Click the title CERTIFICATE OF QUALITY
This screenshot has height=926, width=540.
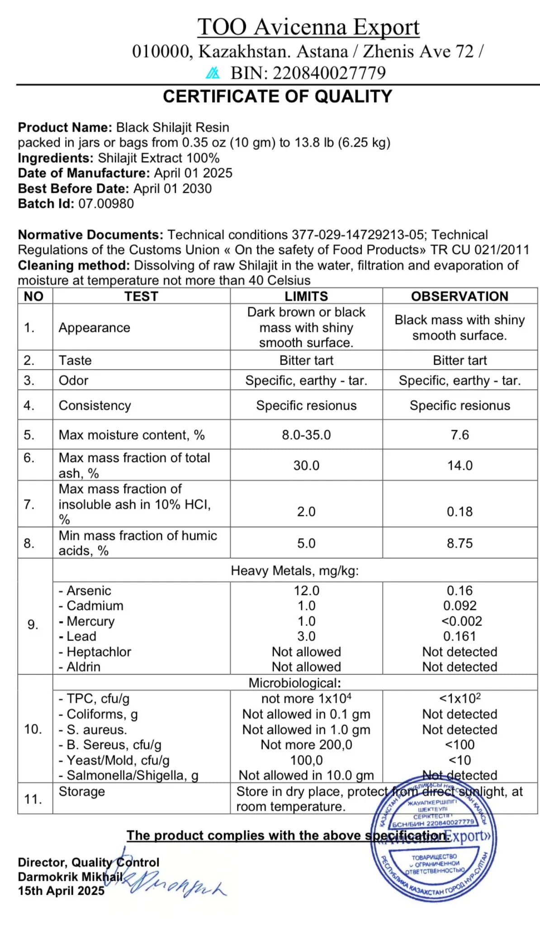[x=277, y=96]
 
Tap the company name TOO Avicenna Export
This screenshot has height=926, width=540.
[x=308, y=27]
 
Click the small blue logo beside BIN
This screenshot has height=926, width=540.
[x=213, y=73]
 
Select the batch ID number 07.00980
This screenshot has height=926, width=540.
[x=106, y=203]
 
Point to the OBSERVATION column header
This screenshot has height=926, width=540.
[x=459, y=296]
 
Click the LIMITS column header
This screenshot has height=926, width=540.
[x=306, y=296]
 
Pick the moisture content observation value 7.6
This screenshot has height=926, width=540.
[x=459, y=435]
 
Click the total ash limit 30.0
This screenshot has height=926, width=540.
[x=306, y=465]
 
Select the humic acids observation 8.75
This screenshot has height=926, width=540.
[x=459, y=543]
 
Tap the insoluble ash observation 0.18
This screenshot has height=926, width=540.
[x=459, y=511]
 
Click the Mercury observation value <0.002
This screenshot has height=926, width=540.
[x=461, y=621]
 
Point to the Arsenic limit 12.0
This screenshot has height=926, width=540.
[x=306, y=591]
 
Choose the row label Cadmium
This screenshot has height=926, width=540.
[x=95, y=606]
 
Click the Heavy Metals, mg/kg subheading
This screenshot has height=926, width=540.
[x=295, y=571]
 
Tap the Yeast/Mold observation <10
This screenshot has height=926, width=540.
[x=459, y=760]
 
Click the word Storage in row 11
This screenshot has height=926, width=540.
[x=82, y=791]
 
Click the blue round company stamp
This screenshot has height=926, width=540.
[x=433, y=839]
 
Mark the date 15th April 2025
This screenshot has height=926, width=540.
[x=61, y=891]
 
